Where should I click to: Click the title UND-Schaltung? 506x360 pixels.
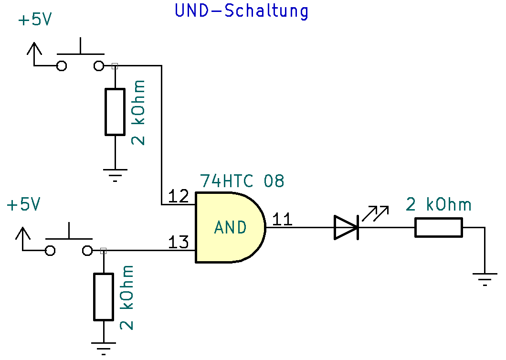(242, 11)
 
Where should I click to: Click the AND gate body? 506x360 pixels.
(230, 228)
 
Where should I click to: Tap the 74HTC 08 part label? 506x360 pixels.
(242, 181)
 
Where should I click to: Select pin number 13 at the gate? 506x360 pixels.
(179, 243)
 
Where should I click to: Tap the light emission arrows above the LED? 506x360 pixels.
(375, 213)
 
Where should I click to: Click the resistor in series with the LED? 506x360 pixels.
(438, 227)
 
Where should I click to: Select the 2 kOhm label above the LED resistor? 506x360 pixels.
(438, 205)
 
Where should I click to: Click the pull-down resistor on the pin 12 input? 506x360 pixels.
(115, 111)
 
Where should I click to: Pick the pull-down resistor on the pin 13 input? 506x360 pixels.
(103, 296)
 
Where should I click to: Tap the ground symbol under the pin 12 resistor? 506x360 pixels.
(115, 173)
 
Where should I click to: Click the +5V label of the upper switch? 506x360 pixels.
(34, 21)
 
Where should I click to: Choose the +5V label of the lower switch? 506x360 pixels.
(23, 205)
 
